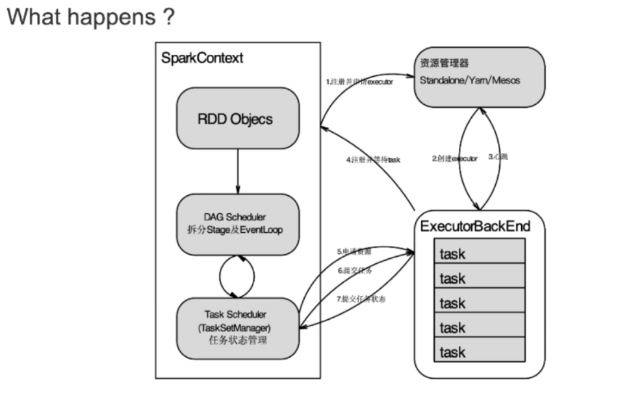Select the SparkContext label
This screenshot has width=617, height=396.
(x=202, y=58)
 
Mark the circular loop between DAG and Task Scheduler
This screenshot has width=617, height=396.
(x=237, y=275)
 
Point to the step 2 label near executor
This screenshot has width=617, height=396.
(x=455, y=158)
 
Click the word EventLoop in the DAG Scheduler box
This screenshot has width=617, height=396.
(x=262, y=229)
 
